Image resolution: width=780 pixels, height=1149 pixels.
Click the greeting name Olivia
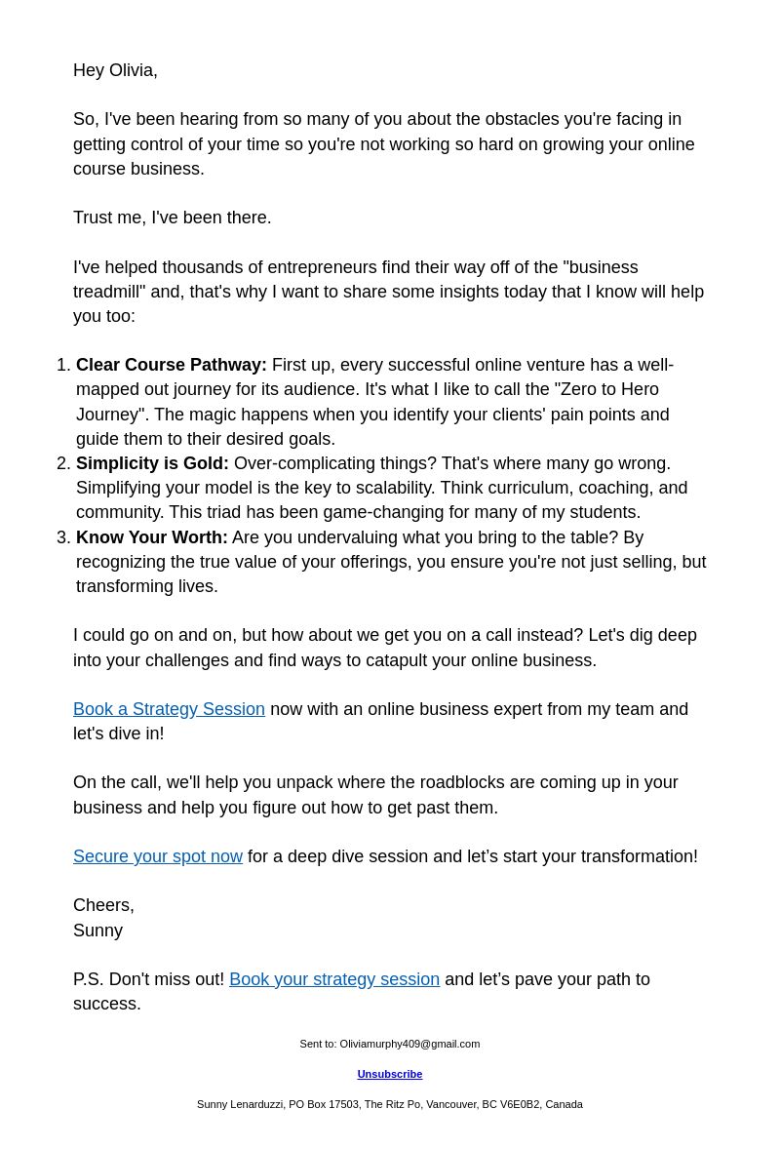(133, 71)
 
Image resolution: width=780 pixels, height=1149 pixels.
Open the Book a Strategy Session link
(169, 710)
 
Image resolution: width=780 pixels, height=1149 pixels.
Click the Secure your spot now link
(158, 857)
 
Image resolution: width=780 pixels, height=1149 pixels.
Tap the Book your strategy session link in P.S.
(334, 980)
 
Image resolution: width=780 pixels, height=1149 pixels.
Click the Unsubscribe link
(390, 1075)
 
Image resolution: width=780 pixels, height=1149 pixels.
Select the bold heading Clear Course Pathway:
(172, 366)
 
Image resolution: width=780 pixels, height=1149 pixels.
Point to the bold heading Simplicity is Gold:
(152, 464)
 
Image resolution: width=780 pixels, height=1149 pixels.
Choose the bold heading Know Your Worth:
(152, 538)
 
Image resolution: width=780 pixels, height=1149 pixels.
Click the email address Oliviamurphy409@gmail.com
(409, 1045)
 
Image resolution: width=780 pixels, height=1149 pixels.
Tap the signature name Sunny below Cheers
(97, 931)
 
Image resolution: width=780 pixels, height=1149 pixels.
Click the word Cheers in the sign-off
(102, 906)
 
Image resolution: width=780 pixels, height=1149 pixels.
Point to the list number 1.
(62, 366)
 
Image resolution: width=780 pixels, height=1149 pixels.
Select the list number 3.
(62, 538)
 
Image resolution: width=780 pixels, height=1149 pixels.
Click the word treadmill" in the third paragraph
(109, 293)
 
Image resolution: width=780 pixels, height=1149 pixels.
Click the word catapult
(403, 661)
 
